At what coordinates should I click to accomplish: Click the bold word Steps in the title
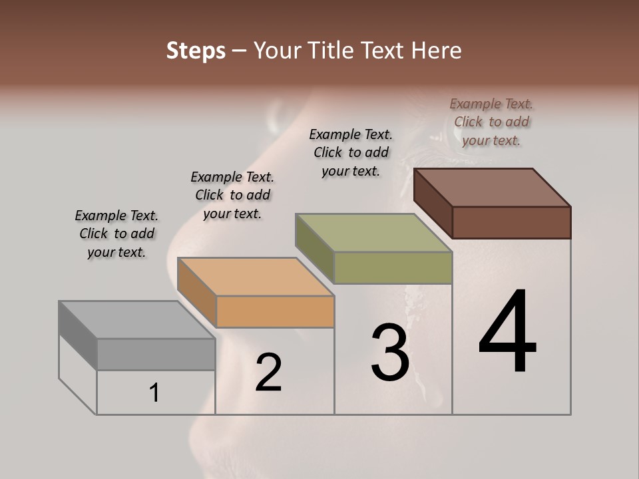(x=196, y=51)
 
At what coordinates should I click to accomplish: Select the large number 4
(x=507, y=332)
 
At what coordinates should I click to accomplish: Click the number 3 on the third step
(x=390, y=353)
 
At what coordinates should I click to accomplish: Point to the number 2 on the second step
(x=268, y=373)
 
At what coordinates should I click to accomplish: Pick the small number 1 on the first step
(x=154, y=393)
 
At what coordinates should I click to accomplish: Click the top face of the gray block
(x=137, y=320)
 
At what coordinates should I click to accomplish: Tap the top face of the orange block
(x=256, y=277)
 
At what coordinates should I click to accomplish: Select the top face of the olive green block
(x=374, y=233)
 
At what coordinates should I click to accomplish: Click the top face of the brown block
(x=493, y=188)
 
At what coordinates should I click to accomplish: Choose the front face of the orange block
(x=275, y=311)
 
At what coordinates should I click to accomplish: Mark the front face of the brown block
(x=511, y=222)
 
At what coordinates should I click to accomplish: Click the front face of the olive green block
(x=393, y=267)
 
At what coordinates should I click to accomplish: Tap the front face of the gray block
(x=156, y=354)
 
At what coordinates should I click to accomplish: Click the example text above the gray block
(x=116, y=234)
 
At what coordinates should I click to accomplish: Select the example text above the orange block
(x=232, y=196)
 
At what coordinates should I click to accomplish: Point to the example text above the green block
(x=351, y=152)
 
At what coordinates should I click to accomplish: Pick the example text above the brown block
(x=491, y=122)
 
